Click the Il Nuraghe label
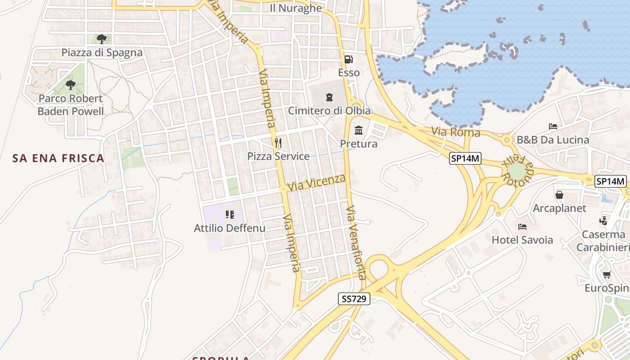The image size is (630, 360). (296, 8)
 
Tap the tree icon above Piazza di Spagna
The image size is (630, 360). (102, 39)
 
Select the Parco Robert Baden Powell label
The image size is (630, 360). (71, 105)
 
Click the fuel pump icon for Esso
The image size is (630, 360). (348, 59)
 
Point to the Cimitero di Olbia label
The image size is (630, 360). (329, 111)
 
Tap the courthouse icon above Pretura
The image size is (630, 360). (359, 130)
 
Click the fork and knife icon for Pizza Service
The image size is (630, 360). (278, 143)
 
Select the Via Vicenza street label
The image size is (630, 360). (317, 182)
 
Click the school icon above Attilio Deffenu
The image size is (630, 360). (230, 215)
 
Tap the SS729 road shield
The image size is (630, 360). (354, 298)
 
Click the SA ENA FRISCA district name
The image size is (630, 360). (58, 158)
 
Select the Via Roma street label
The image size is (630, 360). (456, 132)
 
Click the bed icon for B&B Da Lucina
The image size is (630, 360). (553, 126)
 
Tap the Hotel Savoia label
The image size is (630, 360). (522, 240)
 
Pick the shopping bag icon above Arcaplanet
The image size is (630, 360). (559, 195)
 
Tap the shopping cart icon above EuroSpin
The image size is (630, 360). (607, 274)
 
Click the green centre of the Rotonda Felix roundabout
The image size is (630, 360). (517, 171)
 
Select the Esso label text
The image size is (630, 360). (349, 72)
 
